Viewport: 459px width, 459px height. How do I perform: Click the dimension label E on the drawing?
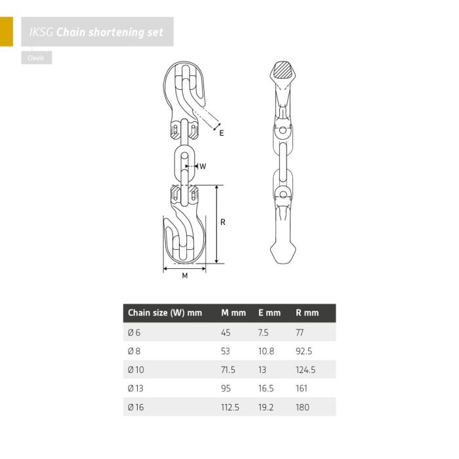point(222,133)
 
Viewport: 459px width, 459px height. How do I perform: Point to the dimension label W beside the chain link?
point(203,167)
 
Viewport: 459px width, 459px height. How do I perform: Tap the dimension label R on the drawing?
point(223,222)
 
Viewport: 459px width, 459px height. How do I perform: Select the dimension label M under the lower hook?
point(185,275)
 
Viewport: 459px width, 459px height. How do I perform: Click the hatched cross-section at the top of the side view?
point(282,70)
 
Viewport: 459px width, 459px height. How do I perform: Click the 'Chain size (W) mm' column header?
point(165,313)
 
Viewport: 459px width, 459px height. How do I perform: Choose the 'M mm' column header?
point(233,313)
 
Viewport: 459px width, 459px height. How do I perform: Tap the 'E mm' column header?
point(269,313)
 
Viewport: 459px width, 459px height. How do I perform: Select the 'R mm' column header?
point(307,313)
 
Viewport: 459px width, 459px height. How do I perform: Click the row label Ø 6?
point(134,332)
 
